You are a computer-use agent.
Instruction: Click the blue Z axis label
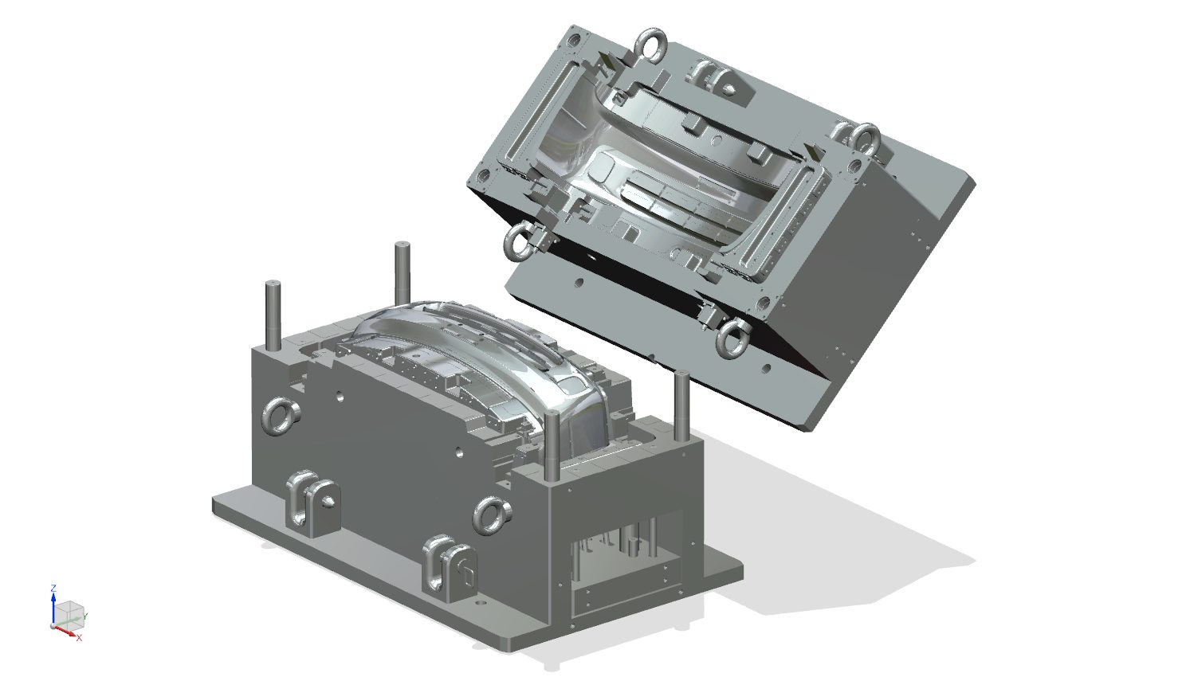[53, 588]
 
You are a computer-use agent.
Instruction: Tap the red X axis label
[79, 638]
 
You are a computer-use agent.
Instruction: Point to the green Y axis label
[86, 616]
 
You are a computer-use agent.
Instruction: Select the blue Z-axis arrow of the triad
[53, 609]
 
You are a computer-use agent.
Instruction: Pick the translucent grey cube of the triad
[70, 613]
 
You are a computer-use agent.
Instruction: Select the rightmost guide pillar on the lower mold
[681, 406]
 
